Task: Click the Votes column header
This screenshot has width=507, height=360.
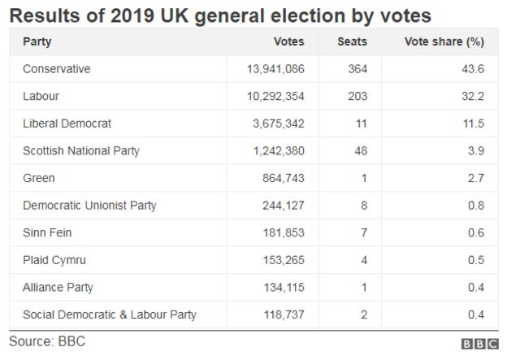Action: click(290, 41)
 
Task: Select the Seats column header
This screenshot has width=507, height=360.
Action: click(352, 41)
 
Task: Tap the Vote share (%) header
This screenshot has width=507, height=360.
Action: click(444, 41)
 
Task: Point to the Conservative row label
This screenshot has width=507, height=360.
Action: click(57, 69)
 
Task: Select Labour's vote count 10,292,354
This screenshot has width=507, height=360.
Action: click(275, 97)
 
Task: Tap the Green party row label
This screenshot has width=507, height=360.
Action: click(39, 178)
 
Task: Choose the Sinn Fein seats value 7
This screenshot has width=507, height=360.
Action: click(363, 232)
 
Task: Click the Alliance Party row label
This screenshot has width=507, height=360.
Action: click(58, 287)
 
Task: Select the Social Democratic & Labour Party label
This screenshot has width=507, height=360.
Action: click(110, 314)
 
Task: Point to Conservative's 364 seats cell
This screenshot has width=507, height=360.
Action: click(357, 69)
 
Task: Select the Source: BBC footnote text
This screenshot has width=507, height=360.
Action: click(47, 342)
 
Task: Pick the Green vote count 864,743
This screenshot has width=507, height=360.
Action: click(283, 178)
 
